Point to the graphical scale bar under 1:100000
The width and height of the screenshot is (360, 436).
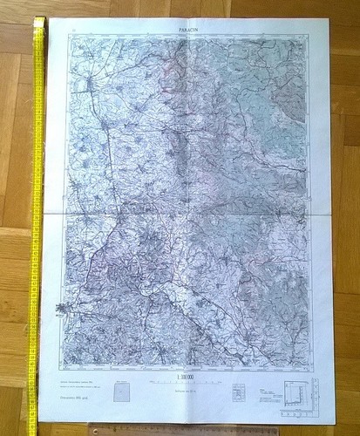(x=185, y=383)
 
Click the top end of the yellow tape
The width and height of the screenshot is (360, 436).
(x=39, y=19)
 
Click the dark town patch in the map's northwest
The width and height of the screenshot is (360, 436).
(x=90, y=85)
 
